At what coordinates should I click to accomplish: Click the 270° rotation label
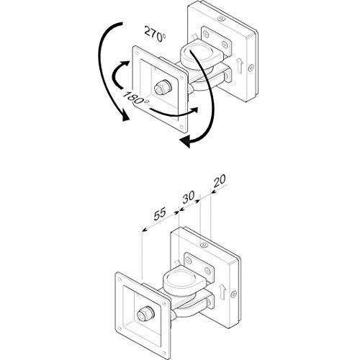tap(155, 34)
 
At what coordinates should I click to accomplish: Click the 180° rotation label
tap(135, 97)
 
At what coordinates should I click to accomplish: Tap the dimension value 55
tap(160, 214)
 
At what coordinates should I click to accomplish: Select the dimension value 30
tap(188, 197)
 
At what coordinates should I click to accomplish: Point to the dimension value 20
tap(220, 181)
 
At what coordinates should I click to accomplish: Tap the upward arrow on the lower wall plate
tap(223, 291)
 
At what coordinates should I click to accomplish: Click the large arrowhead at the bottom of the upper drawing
tap(185, 142)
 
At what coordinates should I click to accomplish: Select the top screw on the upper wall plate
tap(220, 18)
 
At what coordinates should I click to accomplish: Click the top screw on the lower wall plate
tap(204, 245)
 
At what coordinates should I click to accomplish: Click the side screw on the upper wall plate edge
tap(251, 68)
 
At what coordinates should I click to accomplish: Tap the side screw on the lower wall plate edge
tap(233, 293)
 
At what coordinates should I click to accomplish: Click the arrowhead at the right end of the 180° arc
tap(194, 110)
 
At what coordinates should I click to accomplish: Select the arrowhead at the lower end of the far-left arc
tap(125, 117)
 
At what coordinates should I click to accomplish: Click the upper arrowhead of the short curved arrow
tap(125, 64)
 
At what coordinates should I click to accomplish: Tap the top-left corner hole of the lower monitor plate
tap(120, 279)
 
